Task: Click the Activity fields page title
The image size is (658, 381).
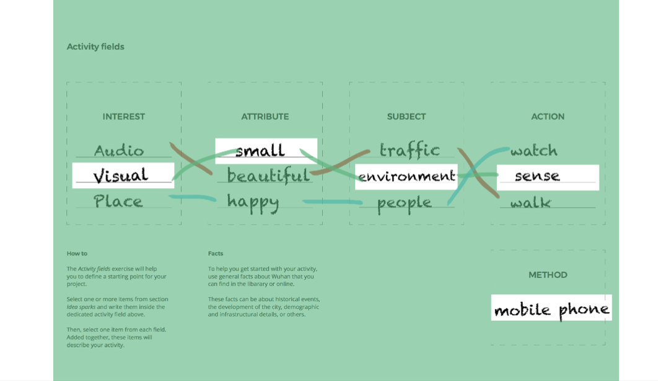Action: tap(95, 47)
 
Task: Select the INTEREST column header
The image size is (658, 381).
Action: tap(124, 116)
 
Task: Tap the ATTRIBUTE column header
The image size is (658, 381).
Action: tap(265, 116)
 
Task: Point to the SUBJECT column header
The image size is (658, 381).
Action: tap(406, 116)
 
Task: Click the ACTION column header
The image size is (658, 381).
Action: tap(548, 116)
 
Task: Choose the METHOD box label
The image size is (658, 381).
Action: tap(548, 275)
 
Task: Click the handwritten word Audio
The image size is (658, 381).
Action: tap(119, 151)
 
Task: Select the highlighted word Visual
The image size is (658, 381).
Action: tap(121, 176)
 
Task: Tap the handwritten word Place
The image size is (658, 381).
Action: tap(118, 202)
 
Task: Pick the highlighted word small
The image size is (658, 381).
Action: tap(260, 150)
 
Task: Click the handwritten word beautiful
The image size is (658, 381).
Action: tap(268, 176)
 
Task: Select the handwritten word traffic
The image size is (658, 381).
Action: tap(410, 150)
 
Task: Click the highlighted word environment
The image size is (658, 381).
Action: tap(406, 177)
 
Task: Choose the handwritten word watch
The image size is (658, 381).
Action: tap(534, 151)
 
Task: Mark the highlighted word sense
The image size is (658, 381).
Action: tap(537, 176)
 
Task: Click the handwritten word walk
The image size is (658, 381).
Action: tap(530, 203)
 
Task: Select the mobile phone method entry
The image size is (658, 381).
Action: tap(551, 309)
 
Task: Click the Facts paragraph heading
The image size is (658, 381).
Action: tap(216, 253)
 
